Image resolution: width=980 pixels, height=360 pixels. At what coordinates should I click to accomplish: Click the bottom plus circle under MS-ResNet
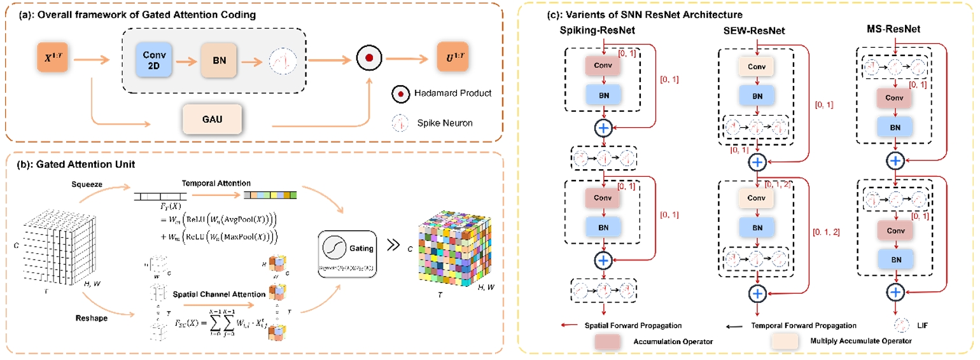click(x=896, y=292)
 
